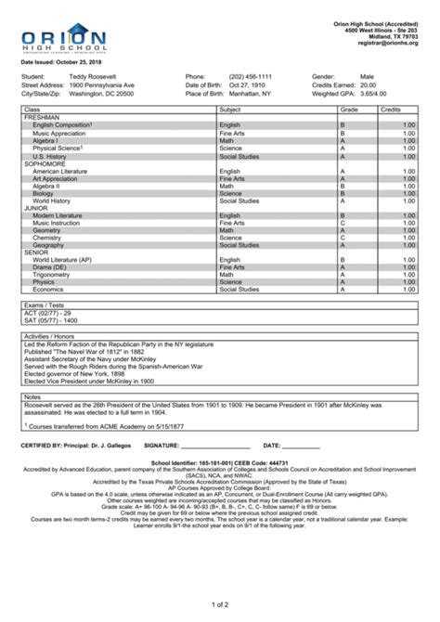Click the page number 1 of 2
point(220,604)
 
